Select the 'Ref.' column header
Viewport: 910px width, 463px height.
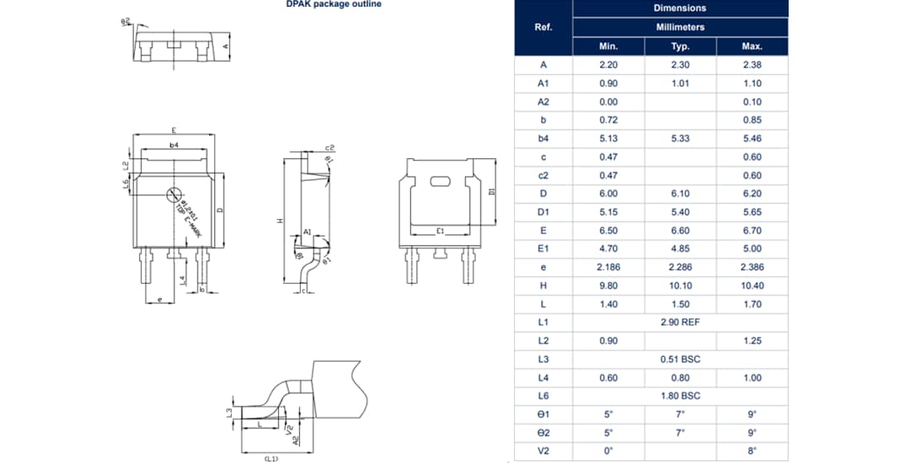tap(543, 27)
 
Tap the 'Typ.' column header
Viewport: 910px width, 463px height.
tap(680, 46)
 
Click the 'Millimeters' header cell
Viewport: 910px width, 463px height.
tap(680, 27)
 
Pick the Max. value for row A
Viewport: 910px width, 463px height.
tap(752, 65)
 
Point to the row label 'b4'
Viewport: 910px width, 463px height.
tap(543, 138)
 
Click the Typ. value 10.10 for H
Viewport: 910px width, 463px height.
tap(680, 285)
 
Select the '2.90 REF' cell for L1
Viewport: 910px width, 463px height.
tap(680, 322)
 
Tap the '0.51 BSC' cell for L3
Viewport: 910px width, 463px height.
tap(680, 359)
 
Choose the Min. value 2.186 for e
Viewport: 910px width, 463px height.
tap(608, 267)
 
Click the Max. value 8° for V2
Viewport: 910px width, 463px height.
tap(752, 451)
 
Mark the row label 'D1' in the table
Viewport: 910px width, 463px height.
tap(543, 212)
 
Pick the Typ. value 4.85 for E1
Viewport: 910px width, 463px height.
tap(680, 248)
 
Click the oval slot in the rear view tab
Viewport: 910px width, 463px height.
tap(440, 181)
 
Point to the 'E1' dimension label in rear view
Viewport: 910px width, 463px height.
tap(440, 230)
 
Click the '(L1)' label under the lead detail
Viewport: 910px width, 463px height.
tap(271, 458)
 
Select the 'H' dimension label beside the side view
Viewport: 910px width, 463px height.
tap(280, 221)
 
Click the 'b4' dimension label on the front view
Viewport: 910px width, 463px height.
tap(174, 146)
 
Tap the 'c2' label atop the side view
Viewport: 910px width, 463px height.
tap(329, 147)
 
